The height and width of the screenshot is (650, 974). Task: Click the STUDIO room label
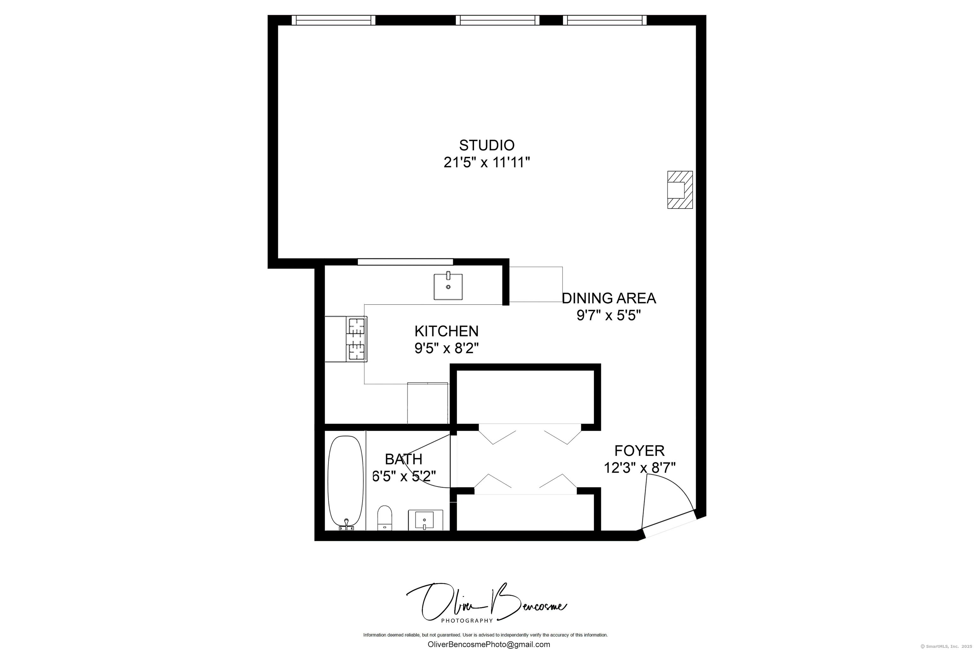(x=487, y=145)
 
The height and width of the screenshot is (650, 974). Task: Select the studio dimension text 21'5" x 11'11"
(x=487, y=162)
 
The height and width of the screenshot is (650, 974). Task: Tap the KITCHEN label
(x=446, y=331)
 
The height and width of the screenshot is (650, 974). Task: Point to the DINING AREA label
(x=609, y=298)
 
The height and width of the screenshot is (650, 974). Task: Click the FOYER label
(x=640, y=451)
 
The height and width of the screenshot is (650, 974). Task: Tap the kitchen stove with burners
(x=357, y=339)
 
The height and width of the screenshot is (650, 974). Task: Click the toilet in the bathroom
(x=385, y=518)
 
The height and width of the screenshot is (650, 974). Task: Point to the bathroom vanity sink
(x=425, y=520)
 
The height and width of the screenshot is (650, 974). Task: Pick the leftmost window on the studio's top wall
(x=333, y=20)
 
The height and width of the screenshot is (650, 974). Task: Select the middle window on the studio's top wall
(x=498, y=20)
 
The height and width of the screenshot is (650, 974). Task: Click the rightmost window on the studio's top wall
(x=605, y=20)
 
